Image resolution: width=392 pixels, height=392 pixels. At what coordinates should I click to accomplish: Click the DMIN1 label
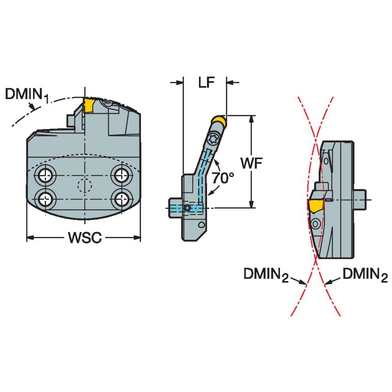pyautogui.click(x=27, y=95)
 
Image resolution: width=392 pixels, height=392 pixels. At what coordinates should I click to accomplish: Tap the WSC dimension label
pyautogui.click(x=84, y=238)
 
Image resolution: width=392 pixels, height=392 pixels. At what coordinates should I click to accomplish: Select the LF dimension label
pyautogui.click(x=205, y=83)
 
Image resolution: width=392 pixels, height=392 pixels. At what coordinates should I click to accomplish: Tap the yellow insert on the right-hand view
pyautogui.click(x=315, y=205)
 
